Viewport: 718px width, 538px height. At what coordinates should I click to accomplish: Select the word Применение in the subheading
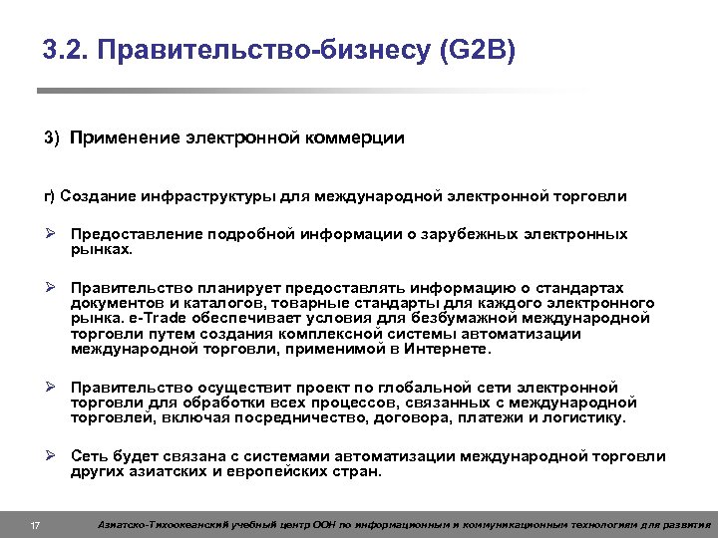coord(124,137)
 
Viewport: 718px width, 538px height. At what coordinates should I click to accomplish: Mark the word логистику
coord(582,418)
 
